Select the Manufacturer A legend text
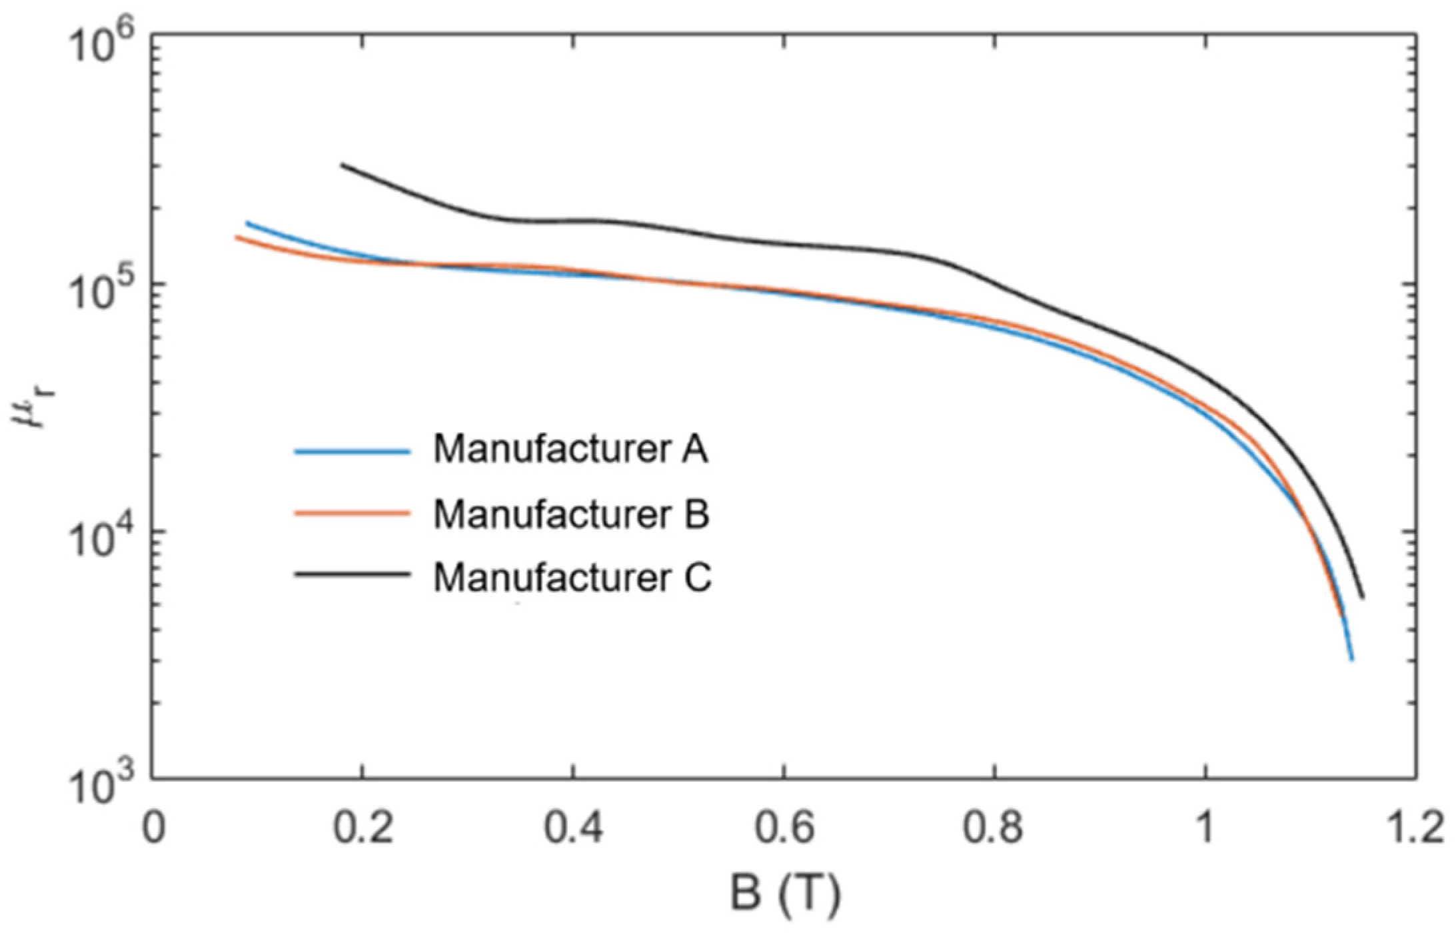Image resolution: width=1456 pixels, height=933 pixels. coord(571,449)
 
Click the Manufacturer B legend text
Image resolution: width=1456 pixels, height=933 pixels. coord(571,514)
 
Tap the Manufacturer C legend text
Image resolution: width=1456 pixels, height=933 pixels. coord(572,577)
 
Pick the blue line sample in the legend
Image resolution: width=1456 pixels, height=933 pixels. coord(352,452)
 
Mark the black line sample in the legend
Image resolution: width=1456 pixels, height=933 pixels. coord(352,574)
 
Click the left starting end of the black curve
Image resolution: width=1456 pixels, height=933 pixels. coord(343,165)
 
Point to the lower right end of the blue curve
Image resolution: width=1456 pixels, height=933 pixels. coord(1351,659)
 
